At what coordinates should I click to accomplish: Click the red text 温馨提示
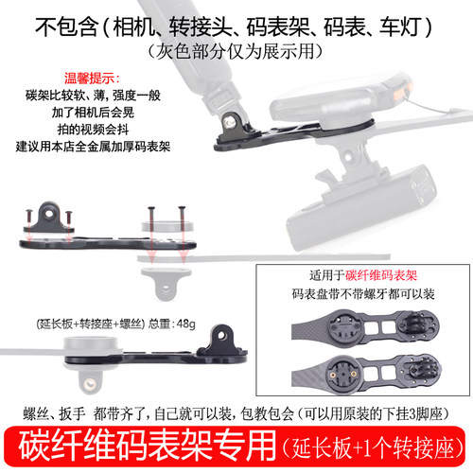tap(51, 80)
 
